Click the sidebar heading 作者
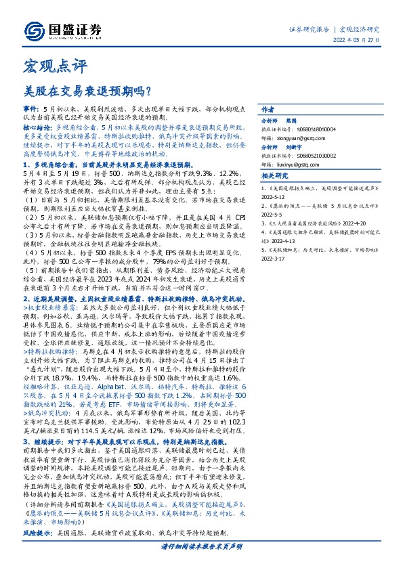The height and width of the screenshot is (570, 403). pyautogui.click(x=267, y=110)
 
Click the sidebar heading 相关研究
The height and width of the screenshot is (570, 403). pyautogui.click(x=272, y=175)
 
